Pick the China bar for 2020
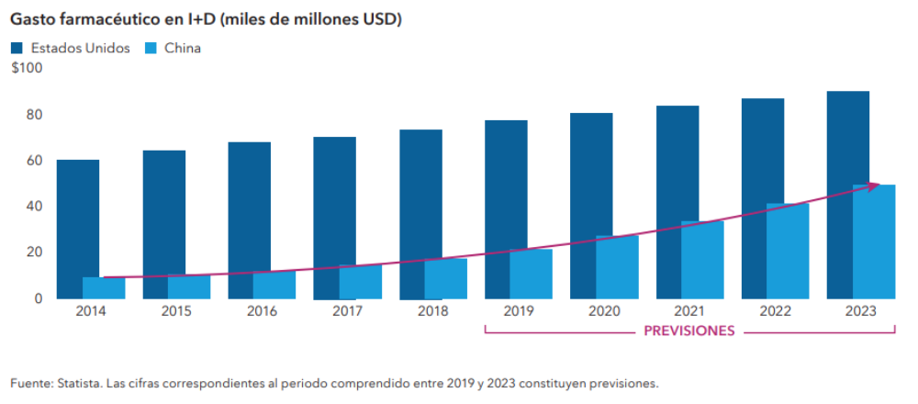pyautogui.click(x=617, y=267)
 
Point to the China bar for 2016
pyautogui.click(x=274, y=285)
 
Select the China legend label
pyautogui.click(x=183, y=48)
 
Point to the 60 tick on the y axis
pyautogui.click(x=35, y=161)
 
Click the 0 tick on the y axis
pyautogui.click(x=39, y=298)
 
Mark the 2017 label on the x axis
pyautogui.click(x=347, y=311)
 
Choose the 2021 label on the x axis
pyautogui.click(x=689, y=311)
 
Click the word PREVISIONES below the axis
pyautogui.click(x=688, y=331)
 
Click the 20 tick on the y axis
pyautogui.click(x=35, y=252)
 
